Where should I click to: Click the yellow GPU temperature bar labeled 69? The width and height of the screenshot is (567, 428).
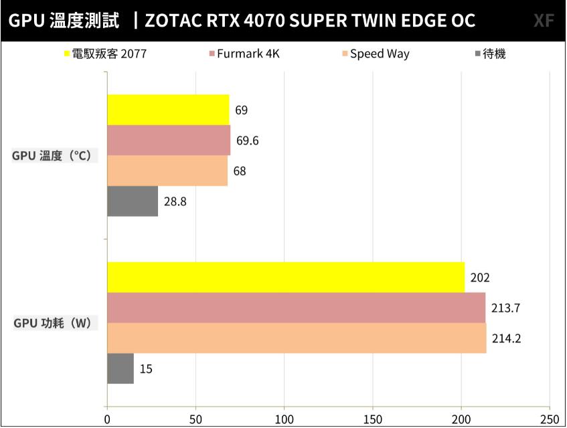coord(168,110)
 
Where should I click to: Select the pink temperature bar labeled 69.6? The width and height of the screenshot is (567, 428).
coord(169,140)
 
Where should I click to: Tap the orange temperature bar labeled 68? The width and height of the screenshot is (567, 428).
coord(167,171)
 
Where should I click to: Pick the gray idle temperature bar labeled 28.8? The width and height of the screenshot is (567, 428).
coord(133,201)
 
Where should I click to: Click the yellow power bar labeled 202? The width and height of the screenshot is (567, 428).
coord(286,278)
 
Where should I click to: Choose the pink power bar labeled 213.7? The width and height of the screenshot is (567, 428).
coord(297,308)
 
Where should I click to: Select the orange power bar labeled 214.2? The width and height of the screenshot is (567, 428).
coord(297,338)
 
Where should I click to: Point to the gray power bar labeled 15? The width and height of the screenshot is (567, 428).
coord(120,368)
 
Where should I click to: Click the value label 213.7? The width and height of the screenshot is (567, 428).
coord(506,308)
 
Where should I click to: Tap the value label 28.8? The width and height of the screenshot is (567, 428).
coord(175,201)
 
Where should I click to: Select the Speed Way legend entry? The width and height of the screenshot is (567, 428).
coord(380,54)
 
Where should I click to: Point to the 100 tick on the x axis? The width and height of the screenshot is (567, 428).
coord(284,419)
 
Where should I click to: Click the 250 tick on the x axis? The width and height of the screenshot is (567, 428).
coord(550,419)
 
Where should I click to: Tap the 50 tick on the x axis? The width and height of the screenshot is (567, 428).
coord(195,419)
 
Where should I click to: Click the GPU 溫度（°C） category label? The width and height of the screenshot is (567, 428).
coord(52,156)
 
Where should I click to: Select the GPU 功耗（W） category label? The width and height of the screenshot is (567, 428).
coord(52,324)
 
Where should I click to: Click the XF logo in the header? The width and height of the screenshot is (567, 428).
coord(544,21)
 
